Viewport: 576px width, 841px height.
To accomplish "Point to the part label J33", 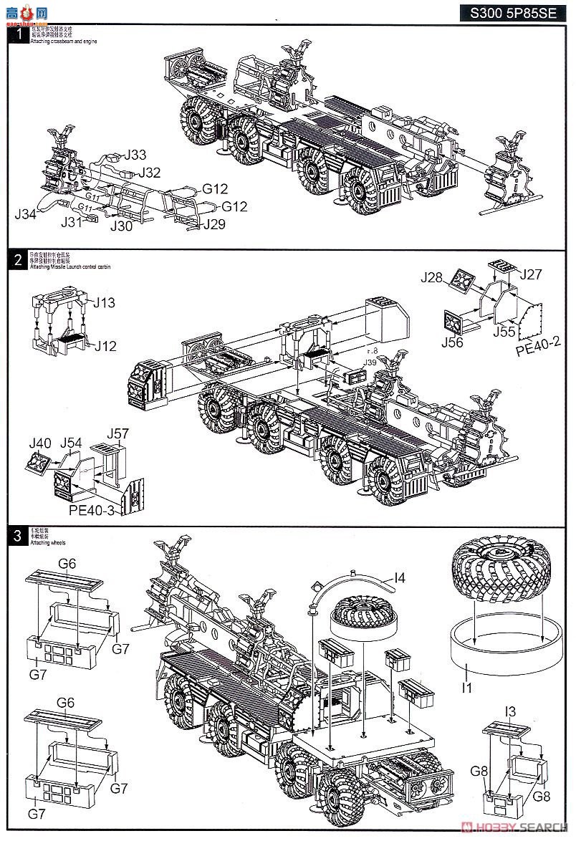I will point(135,155).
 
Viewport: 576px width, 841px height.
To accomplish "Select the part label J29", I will point(214,225).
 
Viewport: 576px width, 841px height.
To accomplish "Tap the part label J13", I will point(105,302).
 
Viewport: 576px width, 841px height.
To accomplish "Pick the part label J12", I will point(105,346).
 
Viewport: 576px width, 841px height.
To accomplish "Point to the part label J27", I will point(532,274).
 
